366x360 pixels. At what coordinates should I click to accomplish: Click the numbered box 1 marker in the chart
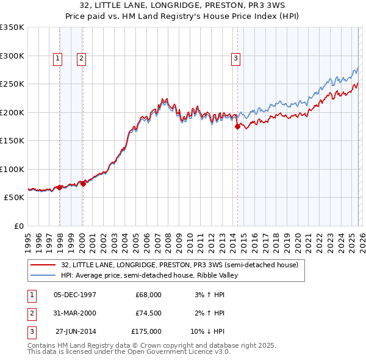[57, 59]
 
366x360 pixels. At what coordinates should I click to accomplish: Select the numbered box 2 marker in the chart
[81, 59]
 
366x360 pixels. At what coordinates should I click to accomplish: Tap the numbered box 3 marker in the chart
[235, 59]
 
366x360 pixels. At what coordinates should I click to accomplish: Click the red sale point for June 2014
[237, 127]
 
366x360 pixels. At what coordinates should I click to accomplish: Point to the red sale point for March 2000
[84, 184]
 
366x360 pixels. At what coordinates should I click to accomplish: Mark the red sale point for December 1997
[59, 187]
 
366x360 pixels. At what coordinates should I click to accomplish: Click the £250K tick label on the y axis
[12, 84]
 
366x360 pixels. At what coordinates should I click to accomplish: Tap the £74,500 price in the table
[148, 313]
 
